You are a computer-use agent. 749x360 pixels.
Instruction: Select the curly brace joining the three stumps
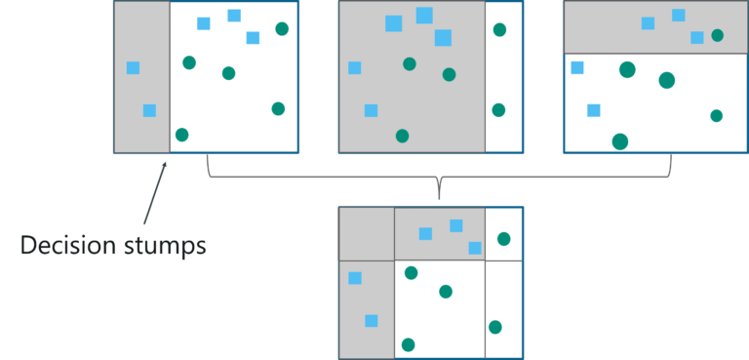click(439, 177)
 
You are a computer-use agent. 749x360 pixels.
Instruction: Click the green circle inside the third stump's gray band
click(718, 35)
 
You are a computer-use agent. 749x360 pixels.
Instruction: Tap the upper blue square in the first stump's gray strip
click(133, 67)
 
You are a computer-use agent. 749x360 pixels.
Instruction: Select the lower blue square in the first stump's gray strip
click(149, 110)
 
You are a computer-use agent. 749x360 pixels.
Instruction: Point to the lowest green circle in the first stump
click(181, 135)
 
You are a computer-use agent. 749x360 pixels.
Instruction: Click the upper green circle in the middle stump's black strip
click(499, 30)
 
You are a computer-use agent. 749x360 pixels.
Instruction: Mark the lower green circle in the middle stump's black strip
click(498, 110)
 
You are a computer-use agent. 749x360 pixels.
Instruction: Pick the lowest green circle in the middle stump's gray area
click(402, 136)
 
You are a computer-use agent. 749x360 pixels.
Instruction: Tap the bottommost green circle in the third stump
click(620, 141)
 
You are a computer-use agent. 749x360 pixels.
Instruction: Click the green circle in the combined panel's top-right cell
click(503, 239)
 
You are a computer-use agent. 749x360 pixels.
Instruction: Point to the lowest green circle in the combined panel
click(408, 344)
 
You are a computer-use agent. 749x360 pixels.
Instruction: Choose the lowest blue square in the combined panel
click(371, 321)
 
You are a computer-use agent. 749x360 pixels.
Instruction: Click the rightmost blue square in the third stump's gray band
click(696, 38)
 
